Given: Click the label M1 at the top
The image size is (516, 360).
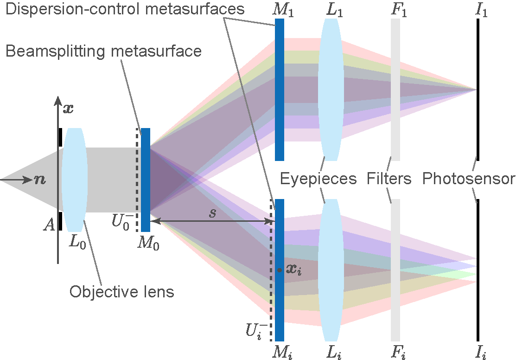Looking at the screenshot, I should click(284, 9).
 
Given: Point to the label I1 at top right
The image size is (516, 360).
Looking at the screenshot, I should click(482, 9).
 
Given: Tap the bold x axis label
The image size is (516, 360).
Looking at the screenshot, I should click(68, 109).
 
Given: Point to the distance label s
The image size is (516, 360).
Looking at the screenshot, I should click(212, 214).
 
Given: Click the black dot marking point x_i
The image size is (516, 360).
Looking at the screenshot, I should click(279, 270).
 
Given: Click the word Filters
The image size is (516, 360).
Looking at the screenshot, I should click(389, 178).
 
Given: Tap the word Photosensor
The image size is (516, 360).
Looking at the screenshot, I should click(468, 178).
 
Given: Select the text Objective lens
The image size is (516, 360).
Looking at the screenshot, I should click(121, 292).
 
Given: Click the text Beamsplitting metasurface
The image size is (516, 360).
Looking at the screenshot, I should click(103, 51).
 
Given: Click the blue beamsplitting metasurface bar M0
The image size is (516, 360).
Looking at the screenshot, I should click(146, 180).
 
